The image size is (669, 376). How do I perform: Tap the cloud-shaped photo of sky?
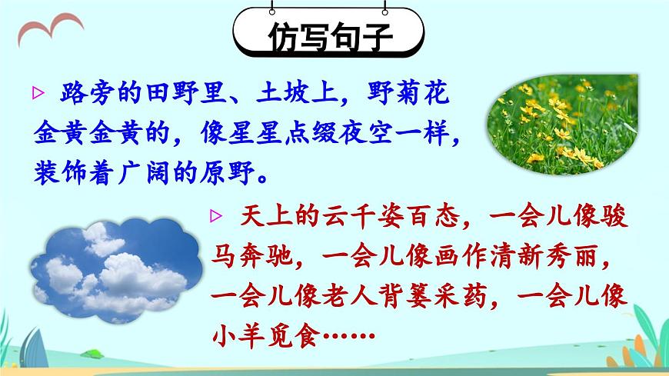point(115,267)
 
